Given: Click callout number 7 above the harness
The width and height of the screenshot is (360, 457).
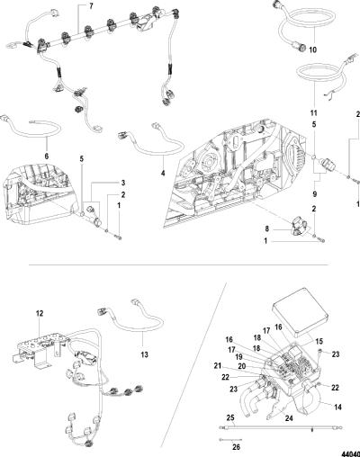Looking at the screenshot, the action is (x=92, y=7).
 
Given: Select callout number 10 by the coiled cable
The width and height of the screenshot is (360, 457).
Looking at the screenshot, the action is (x=312, y=49).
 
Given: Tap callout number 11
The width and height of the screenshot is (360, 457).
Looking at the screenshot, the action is (x=313, y=113).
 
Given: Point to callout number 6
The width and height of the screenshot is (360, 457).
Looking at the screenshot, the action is (x=47, y=156).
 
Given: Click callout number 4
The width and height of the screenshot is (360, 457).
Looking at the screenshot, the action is (x=163, y=173).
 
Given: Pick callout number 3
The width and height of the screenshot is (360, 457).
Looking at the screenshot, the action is (x=123, y=183).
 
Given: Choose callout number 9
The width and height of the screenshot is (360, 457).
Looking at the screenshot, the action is (x=314, y=194).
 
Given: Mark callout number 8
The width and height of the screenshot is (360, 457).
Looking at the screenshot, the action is (x=266, y=229).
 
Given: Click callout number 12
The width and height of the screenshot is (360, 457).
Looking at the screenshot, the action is (x=40, y=313).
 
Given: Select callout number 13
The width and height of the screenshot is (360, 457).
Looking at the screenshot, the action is (x=144, y=354).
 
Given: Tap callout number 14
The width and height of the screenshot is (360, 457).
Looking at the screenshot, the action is (x=337, y=408).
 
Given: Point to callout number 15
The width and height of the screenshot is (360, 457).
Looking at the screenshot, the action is (x=319, y=341).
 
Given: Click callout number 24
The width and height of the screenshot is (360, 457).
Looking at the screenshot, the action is (x=289, y=417).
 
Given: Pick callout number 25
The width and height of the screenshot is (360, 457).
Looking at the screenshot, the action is (x=230, y=417).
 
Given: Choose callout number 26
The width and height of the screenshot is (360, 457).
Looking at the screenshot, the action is (x=237, y=447).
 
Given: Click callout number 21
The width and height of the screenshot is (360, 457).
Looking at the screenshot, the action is (x=218, y=366).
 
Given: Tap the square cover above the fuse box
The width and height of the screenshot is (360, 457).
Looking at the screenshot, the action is (x=301, y=318).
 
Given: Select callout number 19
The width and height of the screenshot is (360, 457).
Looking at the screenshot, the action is (x=238, y=357).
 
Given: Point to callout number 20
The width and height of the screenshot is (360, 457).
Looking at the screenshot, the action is (x=242, y=366).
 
